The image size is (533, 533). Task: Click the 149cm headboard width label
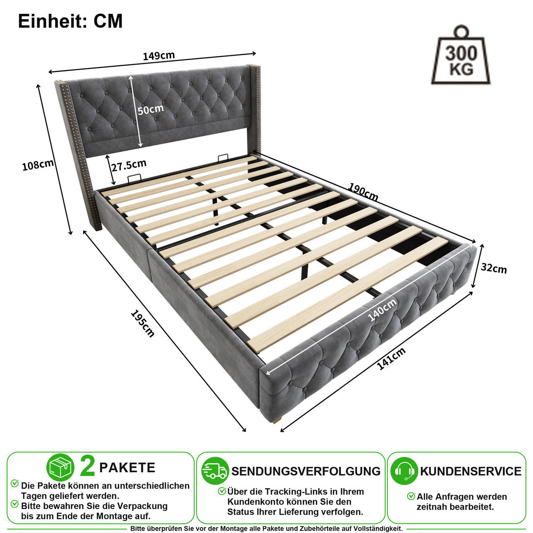159,56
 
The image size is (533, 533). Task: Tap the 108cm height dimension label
38,165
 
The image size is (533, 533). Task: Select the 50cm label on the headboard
151,109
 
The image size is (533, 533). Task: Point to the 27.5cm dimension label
129,165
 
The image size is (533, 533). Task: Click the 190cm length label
363,192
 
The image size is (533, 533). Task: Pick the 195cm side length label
143,323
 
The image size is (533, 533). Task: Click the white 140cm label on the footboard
382,310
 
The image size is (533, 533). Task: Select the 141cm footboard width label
391,358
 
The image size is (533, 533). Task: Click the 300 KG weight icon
461,56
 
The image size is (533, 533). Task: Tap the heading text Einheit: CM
70,21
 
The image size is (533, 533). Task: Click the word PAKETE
127,467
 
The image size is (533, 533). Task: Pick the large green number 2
88,467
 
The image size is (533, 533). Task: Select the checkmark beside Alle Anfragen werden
411,496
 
